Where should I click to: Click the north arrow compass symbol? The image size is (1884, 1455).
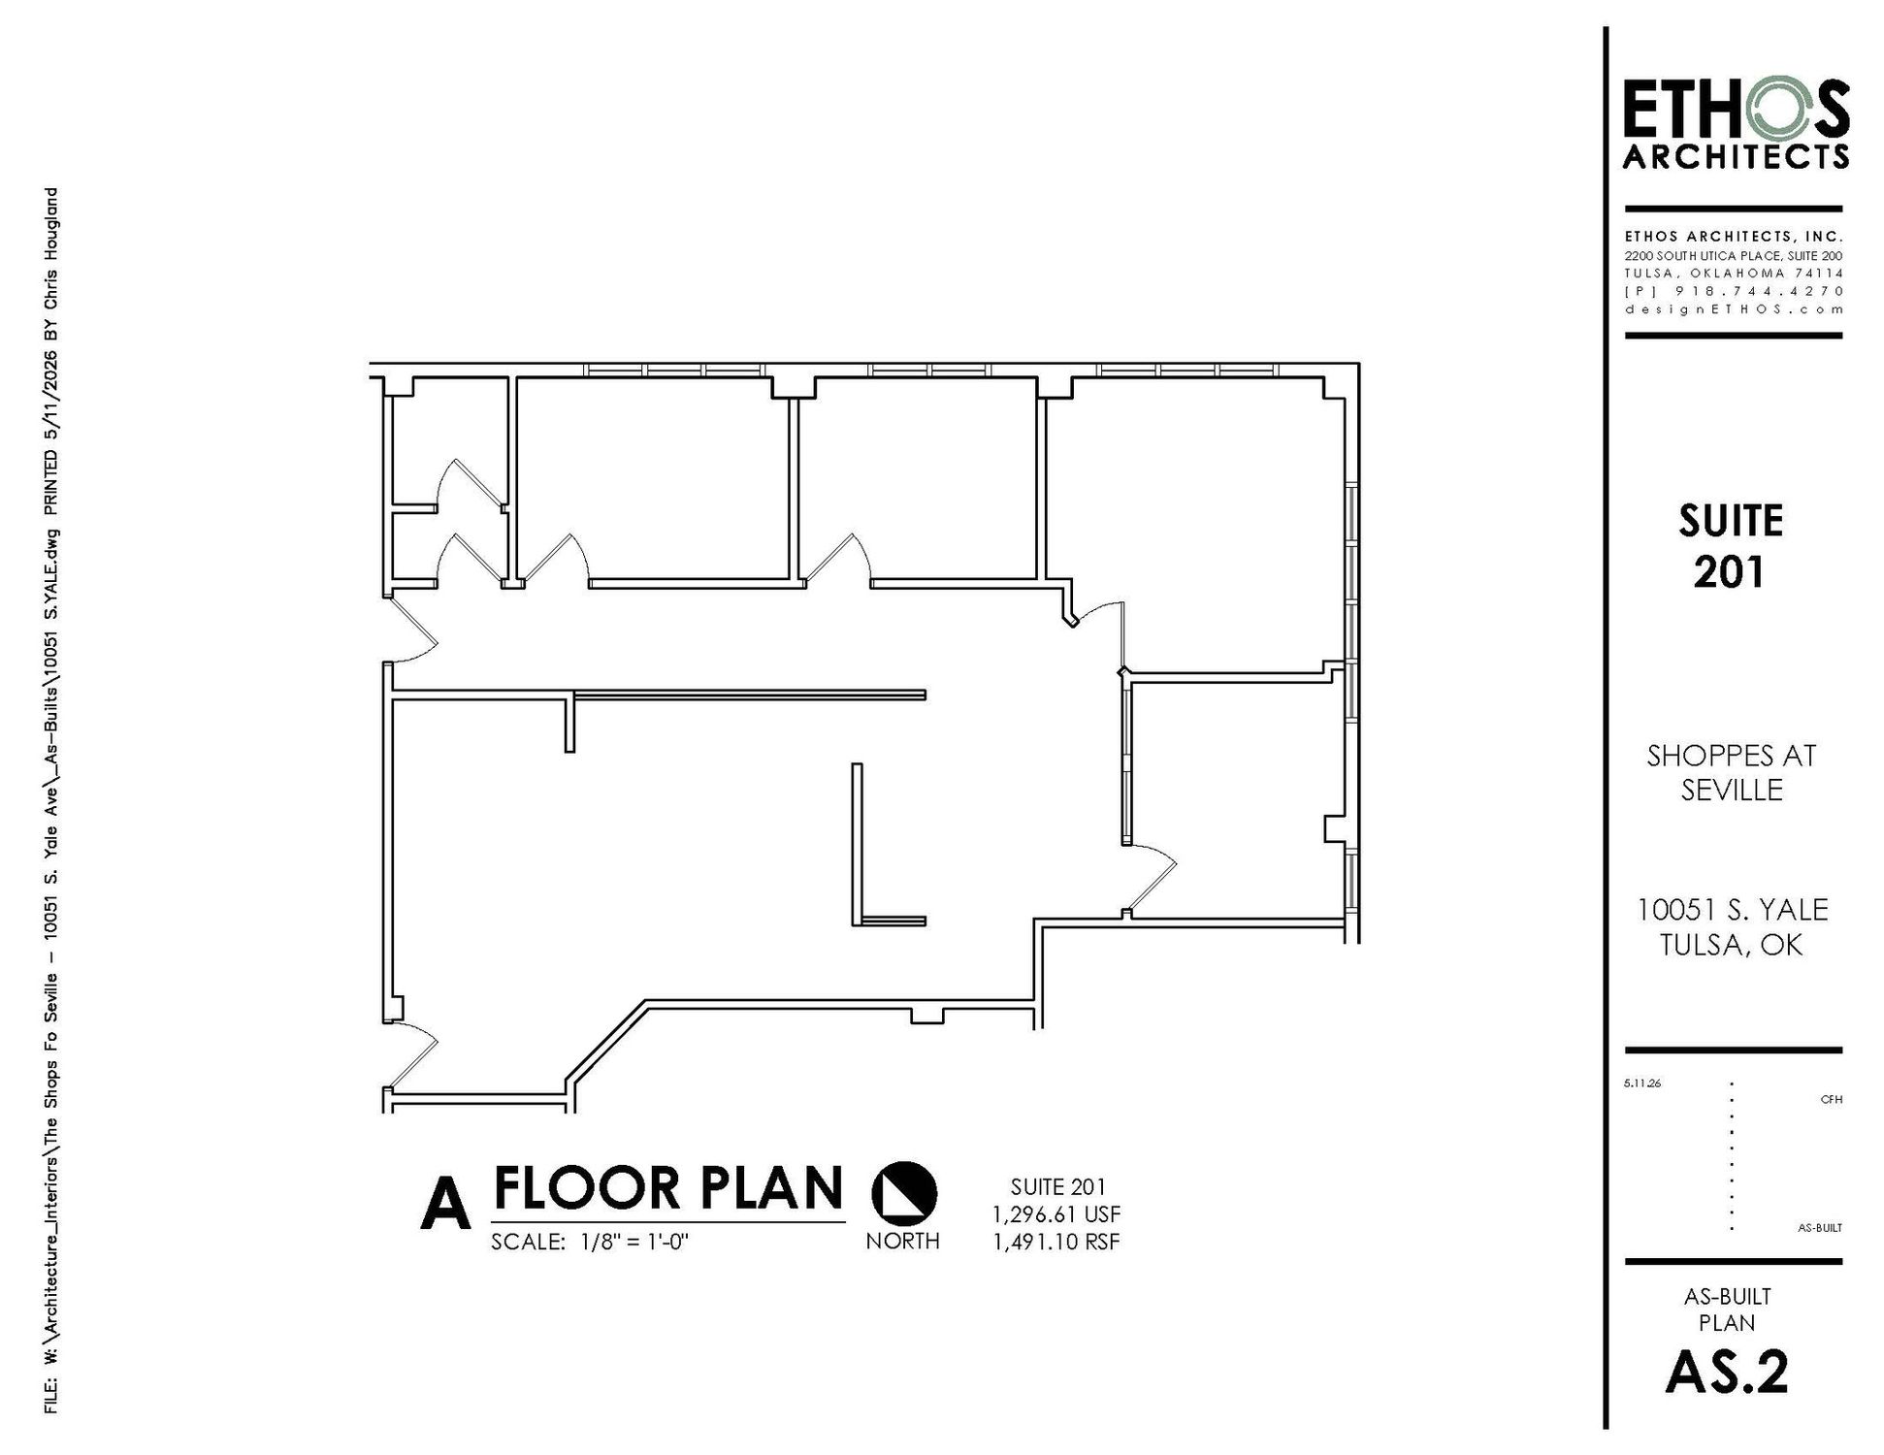tap(904, 1192)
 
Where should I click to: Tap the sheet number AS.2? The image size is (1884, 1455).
tap(1727, 1372)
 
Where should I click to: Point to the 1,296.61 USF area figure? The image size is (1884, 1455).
tap(1056, 1213)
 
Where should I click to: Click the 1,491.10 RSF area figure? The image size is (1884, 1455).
tap(1056, 1241)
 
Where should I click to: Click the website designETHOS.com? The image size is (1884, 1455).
tap(1734, 309)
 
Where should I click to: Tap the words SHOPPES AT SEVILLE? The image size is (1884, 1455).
tap(1732, 772)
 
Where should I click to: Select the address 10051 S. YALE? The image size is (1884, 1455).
tap(1733, 910)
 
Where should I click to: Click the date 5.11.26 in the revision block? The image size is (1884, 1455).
tap(1641, 1083)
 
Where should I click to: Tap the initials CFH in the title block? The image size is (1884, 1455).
tap(1831, 1100)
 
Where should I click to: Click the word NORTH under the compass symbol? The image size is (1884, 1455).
tap(902, 1241)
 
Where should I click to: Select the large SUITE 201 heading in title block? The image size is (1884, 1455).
tap(1731, 546)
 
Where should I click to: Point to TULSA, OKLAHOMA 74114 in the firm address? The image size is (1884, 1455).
tap(1734, 274)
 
